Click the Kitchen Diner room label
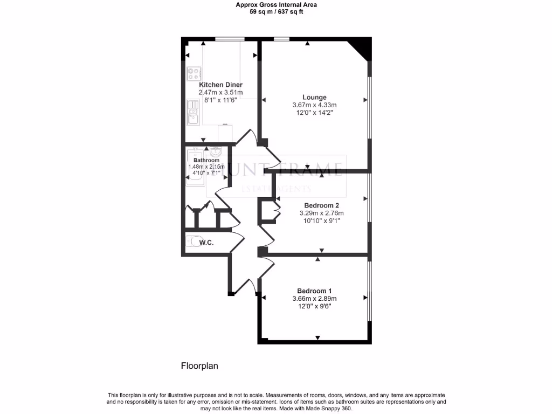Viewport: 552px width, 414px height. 220,85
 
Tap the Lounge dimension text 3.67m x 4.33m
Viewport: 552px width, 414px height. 314,105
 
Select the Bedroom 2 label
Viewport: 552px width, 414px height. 322,205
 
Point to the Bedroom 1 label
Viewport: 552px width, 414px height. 314,291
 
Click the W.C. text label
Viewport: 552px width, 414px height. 206,243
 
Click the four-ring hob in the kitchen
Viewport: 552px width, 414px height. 194,73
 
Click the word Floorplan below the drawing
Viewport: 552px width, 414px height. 199,366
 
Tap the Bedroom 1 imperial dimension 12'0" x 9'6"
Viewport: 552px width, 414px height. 314,306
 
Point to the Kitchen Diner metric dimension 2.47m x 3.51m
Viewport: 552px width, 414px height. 220,93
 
